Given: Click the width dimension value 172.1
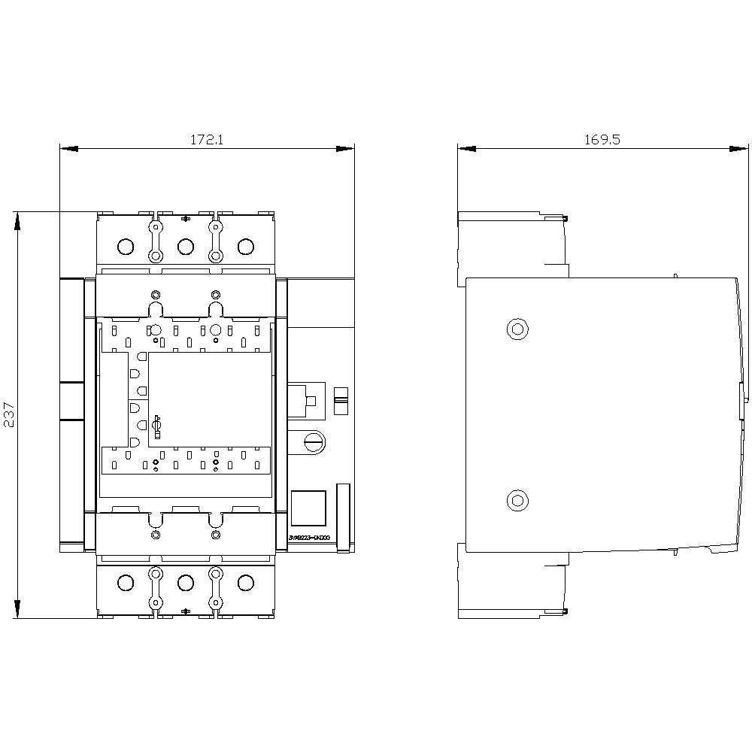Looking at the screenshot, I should tap(207, 139).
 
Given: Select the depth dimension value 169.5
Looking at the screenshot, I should tap(602, 139).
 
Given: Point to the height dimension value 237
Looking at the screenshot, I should tap(8, 414).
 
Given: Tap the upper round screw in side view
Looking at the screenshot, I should tap(517, 329).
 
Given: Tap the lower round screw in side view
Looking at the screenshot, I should tap(517, 499).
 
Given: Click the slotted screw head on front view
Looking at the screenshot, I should tap(314, 441).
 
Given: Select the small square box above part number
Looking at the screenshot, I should tap(308, 508).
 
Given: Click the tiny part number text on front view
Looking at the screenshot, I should tap(308, 538).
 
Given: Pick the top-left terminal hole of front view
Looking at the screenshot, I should tap(126, 247).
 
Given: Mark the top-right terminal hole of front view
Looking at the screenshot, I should tap(245, 247).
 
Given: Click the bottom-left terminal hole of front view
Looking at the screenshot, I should tap(126, 583).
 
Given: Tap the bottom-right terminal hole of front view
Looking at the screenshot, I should tap(245, 583).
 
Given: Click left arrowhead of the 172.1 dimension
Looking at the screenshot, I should tap(68, 148).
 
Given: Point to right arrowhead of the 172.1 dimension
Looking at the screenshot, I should tap(345, 148).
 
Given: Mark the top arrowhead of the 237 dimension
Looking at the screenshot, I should tap(17, 221).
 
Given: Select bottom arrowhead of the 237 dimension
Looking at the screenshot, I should tap(17, 608).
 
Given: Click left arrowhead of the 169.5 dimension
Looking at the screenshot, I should tap(467, 148).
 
